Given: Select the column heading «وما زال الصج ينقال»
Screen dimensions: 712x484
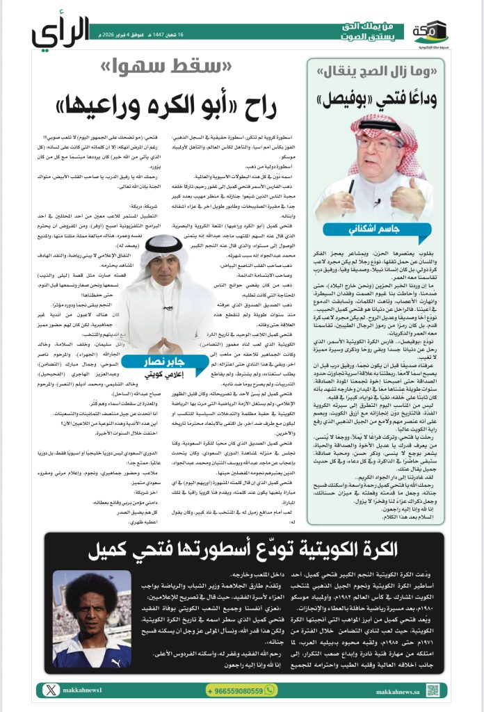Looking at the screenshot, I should pyautogui.click(x=375, y=71).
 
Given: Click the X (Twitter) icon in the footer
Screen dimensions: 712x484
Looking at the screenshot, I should pyautogui.click(x=48, y=690).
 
